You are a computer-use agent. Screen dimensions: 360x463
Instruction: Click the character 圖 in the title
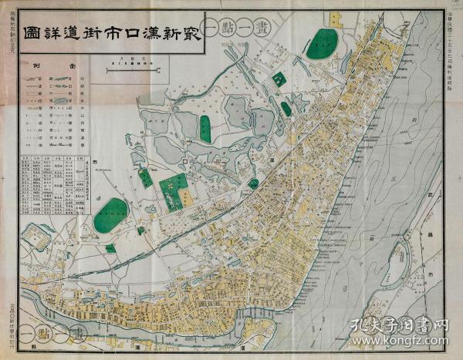coord(33,35)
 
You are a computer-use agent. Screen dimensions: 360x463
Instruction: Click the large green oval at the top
coord(322,44)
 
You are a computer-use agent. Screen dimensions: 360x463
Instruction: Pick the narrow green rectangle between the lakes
coord(205,129)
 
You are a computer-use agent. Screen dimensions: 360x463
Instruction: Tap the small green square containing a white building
coord(279,79)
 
